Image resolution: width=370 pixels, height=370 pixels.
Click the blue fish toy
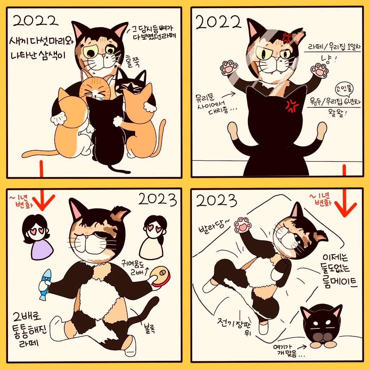click(45, 285)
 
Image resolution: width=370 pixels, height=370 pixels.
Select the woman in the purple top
click(37, 237)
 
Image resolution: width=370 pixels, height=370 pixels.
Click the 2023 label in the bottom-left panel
click(158, 199)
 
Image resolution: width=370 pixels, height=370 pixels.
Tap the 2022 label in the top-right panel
click(219, 22)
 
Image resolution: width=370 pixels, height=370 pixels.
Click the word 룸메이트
click(340, 281)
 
